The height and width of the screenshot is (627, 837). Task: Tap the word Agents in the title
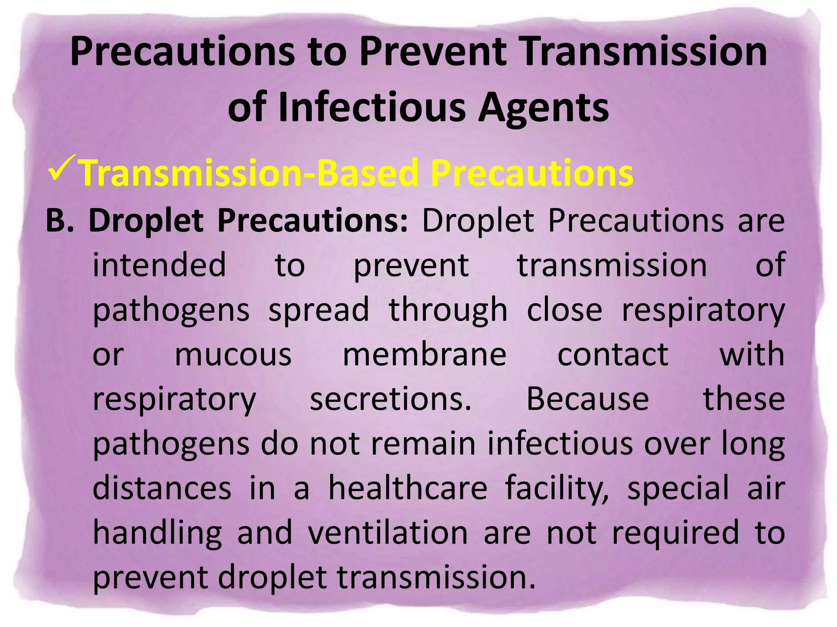543,107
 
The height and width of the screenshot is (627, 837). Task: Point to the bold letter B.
60,221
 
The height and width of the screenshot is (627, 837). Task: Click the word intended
159,265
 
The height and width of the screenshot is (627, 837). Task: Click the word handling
157,533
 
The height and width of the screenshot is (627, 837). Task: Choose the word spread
319,310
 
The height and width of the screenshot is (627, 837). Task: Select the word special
678,489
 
